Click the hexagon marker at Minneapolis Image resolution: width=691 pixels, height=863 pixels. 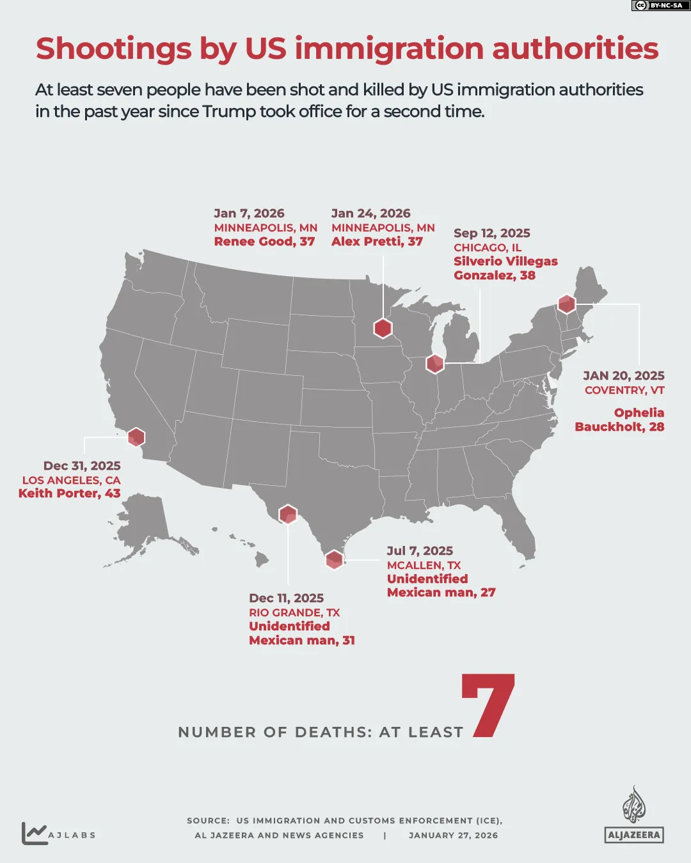point(383,328)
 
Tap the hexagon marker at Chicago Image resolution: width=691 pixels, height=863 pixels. point(435,364)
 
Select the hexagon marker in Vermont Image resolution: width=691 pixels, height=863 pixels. point(566,304)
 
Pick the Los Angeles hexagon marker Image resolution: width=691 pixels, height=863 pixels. point(136,437)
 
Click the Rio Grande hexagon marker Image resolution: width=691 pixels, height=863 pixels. point(288,514)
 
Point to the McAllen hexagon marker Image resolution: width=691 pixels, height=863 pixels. point(334,559)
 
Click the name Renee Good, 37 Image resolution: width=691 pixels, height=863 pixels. point(264,242)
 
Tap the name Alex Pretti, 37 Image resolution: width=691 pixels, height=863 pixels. point(377,242)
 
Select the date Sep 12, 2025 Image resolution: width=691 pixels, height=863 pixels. point(492,233)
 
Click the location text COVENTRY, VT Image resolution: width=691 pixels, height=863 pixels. point(624,390)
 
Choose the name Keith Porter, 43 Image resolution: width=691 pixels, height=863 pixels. point(69,494)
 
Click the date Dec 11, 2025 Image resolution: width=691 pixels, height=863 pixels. point(286,598)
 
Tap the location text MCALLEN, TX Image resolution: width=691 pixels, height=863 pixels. point(424,565)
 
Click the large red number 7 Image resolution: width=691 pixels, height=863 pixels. point(489,706)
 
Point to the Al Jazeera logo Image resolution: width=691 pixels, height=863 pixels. point(634,815)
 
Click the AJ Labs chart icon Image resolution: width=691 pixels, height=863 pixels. point(34,833)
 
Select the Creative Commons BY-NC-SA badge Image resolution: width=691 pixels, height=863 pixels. point(658,6)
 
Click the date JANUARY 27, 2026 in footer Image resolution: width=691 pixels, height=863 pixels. point(453,836)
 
